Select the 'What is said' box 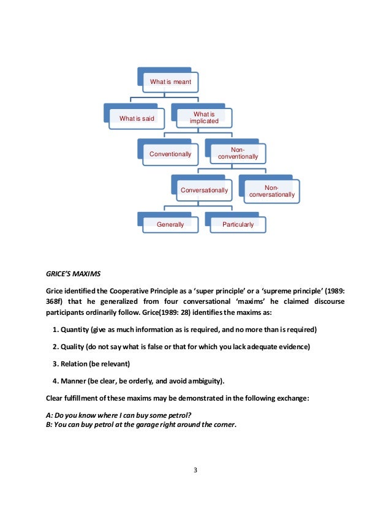(137, 118)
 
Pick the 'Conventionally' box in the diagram (170, 154)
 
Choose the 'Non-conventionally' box (237, 153)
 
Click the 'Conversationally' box (203, 190)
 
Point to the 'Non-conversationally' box (271, 191)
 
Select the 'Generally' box (170, 224)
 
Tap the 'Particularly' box (238, 224)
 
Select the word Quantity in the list (75, 330)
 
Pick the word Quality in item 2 (72, 347)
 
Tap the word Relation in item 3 (74, 364)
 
